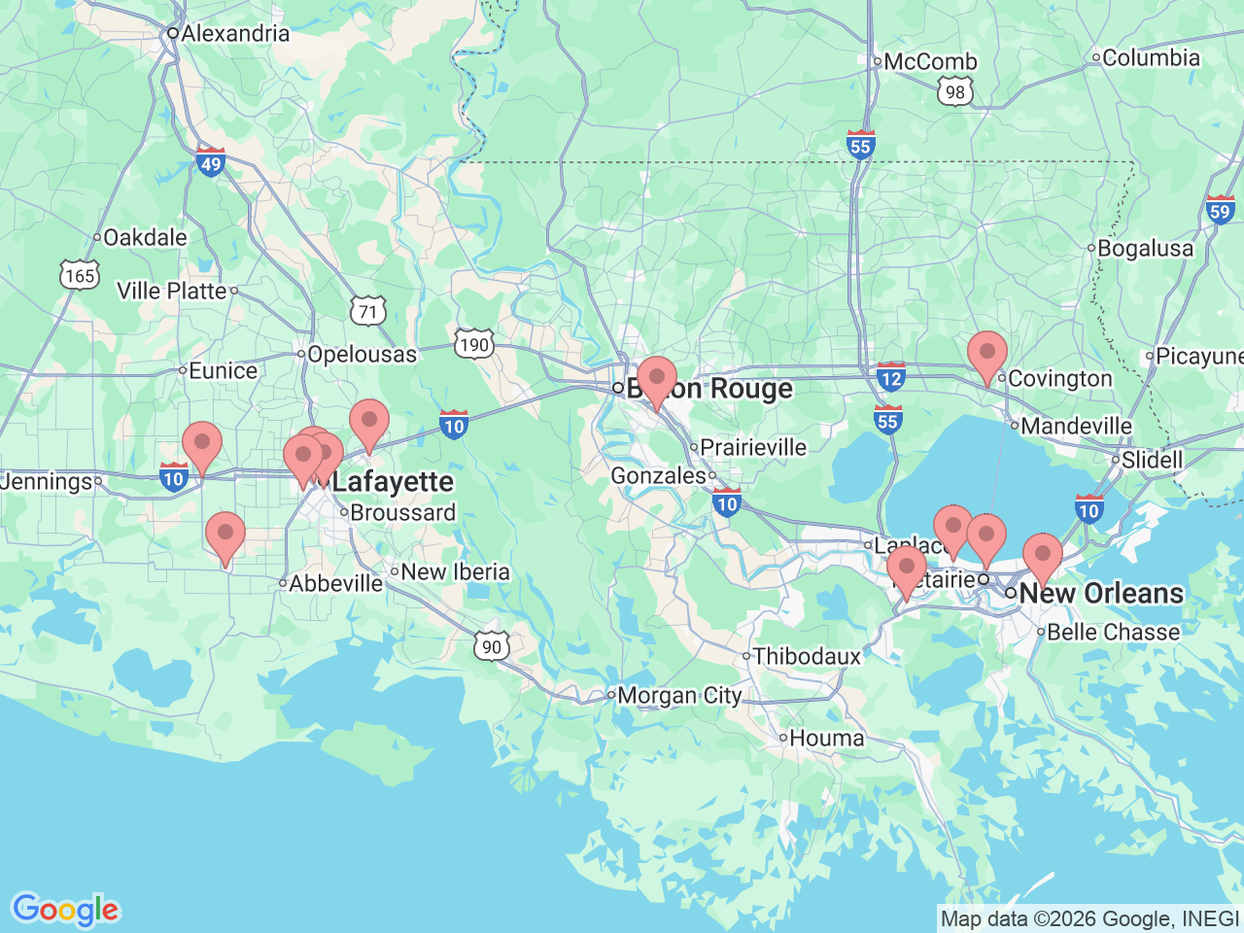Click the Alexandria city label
click(x=234, y=33)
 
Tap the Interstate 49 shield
click(x=211, y=161)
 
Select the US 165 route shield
click(x=79, y=275)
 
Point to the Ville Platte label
click(x=171, y=291)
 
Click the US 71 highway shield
click(x=368, y=311)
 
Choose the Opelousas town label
click(x=362, y=355)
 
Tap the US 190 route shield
click(x=474, y=344)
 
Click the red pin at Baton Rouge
click(x=657, y=379)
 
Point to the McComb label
click(x=930, y=62)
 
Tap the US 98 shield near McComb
click(x=955, y=92)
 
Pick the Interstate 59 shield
click(x=1220, y=210)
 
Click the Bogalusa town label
click(x=1145, y=249)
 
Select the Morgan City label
click(x=679, y=695)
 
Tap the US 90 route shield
click(x=492, y=646)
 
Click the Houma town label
click(x=826, y=739)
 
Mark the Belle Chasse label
click(x=1113, y=632)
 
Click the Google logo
click(x=65, y=910)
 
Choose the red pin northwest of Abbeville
click(x=225, y=536)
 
